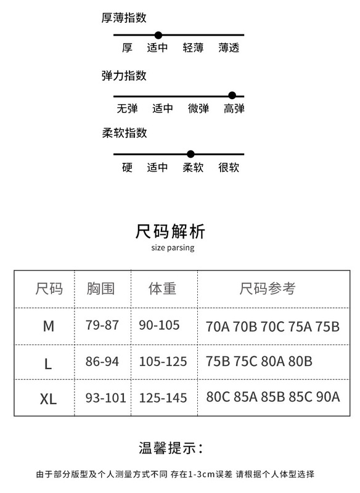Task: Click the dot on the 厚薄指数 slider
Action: [x=158, y=35]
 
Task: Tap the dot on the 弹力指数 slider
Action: [x=232, y=96]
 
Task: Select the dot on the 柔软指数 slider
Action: [x=190, y=154]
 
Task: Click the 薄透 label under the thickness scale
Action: [x=229, y=48]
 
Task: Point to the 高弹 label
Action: [x=234, y=108]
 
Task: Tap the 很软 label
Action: [x=229, y=167]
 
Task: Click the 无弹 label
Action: [x=128, y=108]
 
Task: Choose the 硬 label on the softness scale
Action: [x=127, y=167]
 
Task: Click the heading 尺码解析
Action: [x=170, y=232]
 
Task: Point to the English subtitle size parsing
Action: [x=173, y=248]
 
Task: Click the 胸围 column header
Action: [x=100, y=288]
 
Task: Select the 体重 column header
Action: [x=162, y=288]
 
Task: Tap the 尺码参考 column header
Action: [x=268, y=288]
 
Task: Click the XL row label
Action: [x=48, y=399]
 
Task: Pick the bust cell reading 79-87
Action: [x=102, y=325]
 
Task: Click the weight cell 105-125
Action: [x=163, y=362]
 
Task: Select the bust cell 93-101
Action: [x=105, y=398]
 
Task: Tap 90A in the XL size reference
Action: [x=328, y=397]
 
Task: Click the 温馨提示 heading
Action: [x=171, y=448]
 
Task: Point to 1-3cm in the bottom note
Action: [x=201, y=474]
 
